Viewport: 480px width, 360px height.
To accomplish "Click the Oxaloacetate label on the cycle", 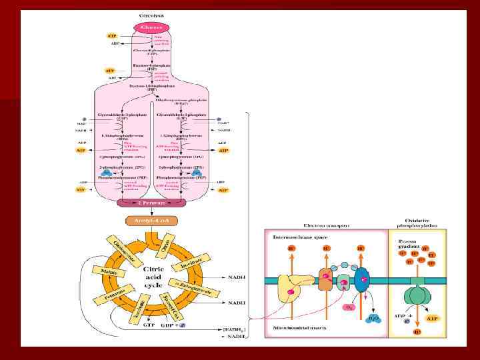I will [115, 253].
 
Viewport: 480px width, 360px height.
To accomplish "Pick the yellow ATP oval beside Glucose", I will [111, 35].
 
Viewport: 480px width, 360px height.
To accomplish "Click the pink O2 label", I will [348, 309].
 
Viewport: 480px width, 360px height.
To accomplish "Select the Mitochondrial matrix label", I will [296, 329].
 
